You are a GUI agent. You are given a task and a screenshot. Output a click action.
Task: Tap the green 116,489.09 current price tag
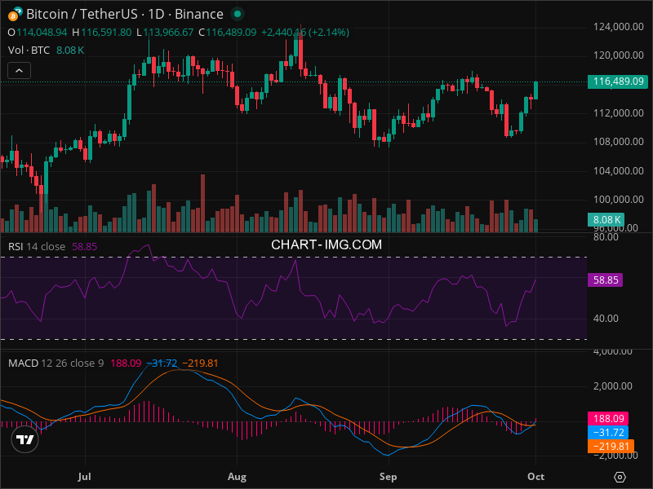(x=620, y=81)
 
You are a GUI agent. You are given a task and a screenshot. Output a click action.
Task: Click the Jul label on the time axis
(x=84, y=475)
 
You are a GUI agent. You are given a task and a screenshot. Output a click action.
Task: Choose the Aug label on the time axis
(x=237, y=475)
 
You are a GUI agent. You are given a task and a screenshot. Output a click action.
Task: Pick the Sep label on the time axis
(x=389, y=475)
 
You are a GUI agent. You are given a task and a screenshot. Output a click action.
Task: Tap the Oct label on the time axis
(x=535, y=475)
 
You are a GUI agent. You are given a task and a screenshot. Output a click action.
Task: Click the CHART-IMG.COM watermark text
(x=326, y=244)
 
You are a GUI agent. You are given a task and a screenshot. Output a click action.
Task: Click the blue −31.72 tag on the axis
(x=608, y=432)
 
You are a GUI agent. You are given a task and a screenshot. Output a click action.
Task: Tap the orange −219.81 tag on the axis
(x=608, y=446)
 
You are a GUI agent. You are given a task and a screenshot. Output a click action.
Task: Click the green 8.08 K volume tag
(x=606, y=219)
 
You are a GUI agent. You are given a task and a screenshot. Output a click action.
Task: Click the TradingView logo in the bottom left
(x=24, y=439)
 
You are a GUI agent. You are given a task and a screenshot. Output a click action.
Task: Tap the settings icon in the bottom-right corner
(x=620, y=477)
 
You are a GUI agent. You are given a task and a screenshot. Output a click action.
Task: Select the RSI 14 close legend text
(x=37, y=246)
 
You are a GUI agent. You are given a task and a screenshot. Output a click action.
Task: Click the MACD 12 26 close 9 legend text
(x=56, y=363)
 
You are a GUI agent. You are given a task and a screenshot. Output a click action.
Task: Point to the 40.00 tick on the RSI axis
(x=605, y=319)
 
